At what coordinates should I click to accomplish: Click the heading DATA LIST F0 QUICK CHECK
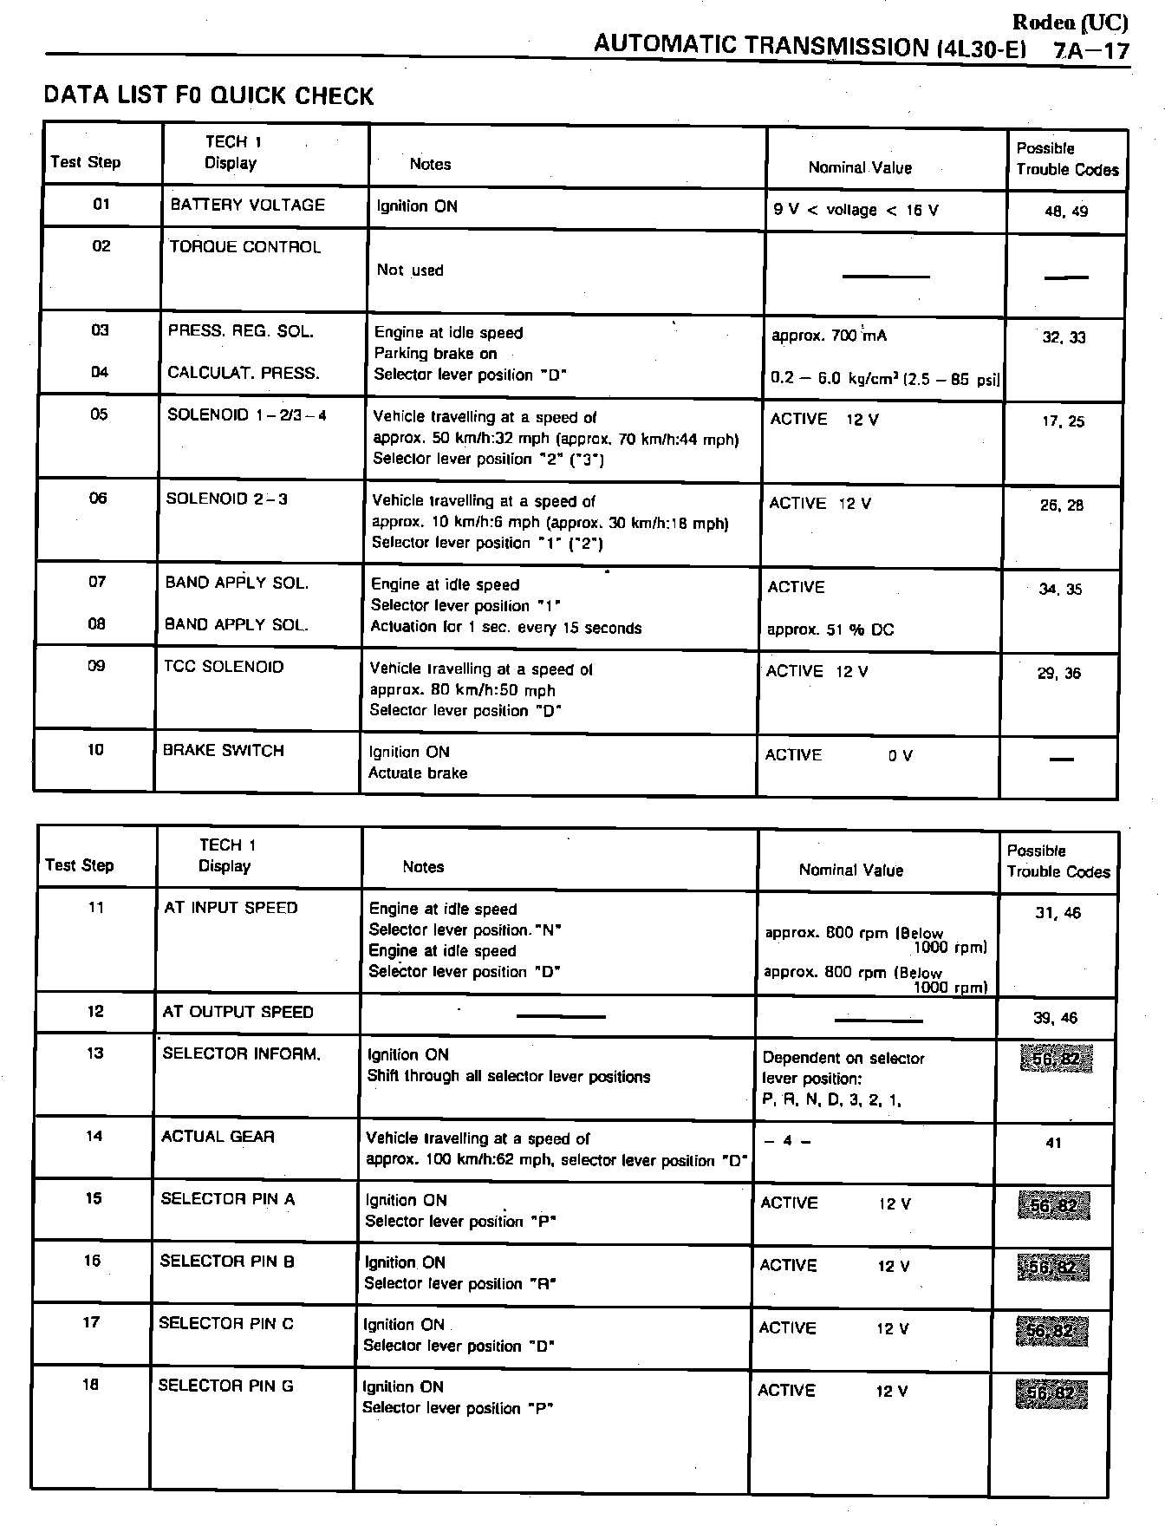coord(209,95)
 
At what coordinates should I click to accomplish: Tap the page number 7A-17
coord(1092,49)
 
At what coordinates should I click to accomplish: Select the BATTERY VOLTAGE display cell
coord(247,205)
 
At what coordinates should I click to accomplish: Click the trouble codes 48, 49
coord(1066,211)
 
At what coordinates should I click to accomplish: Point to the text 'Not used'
coord(410,271)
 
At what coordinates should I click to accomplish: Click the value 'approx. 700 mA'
coord(829,336)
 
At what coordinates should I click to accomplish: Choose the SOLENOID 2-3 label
coord(226,499)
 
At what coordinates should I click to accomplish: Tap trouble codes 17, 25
coord(1063,422)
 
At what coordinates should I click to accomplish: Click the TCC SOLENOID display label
coord(224,667)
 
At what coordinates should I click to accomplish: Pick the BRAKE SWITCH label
coord(224,751)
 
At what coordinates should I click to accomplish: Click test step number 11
coord(96,908)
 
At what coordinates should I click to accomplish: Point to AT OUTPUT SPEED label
coord(238,1012)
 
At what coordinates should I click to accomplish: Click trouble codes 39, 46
coord(1056,1019)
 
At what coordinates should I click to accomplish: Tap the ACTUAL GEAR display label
coord(218,1137)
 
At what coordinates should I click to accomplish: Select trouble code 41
coord(1053,1144)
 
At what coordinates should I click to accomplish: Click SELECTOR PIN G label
coord(225,1386)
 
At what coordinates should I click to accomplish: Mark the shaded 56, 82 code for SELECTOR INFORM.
coord(1056,1060)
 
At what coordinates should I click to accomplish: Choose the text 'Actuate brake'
coord(418,773)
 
